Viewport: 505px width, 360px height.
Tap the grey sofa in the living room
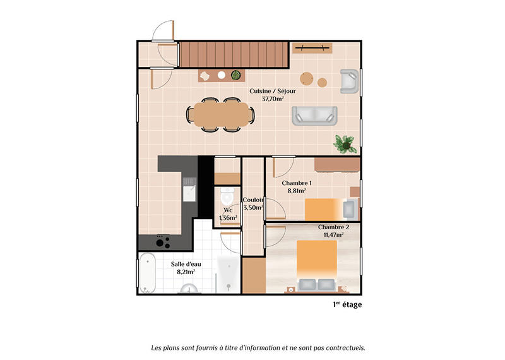(314, 115)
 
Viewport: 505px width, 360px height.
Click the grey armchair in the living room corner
(348, 81)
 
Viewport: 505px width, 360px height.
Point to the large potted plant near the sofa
(346, 143)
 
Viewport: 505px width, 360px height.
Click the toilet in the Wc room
(227, 199)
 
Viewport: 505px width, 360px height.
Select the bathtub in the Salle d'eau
(147, 273)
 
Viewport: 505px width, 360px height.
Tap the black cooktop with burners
(163, 241)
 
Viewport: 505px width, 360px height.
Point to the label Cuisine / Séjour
(273, 91)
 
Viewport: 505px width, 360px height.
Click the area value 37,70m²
(273, 99)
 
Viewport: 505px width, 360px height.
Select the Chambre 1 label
(297, 183)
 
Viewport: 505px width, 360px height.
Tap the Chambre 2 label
(333, 227)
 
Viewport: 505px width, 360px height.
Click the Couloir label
(253, 200)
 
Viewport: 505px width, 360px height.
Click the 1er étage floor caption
(347, 304)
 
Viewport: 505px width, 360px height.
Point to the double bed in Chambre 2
(318, 265)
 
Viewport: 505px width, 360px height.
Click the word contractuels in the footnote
(344, 347)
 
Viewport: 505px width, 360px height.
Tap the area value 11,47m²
(333, 234)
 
